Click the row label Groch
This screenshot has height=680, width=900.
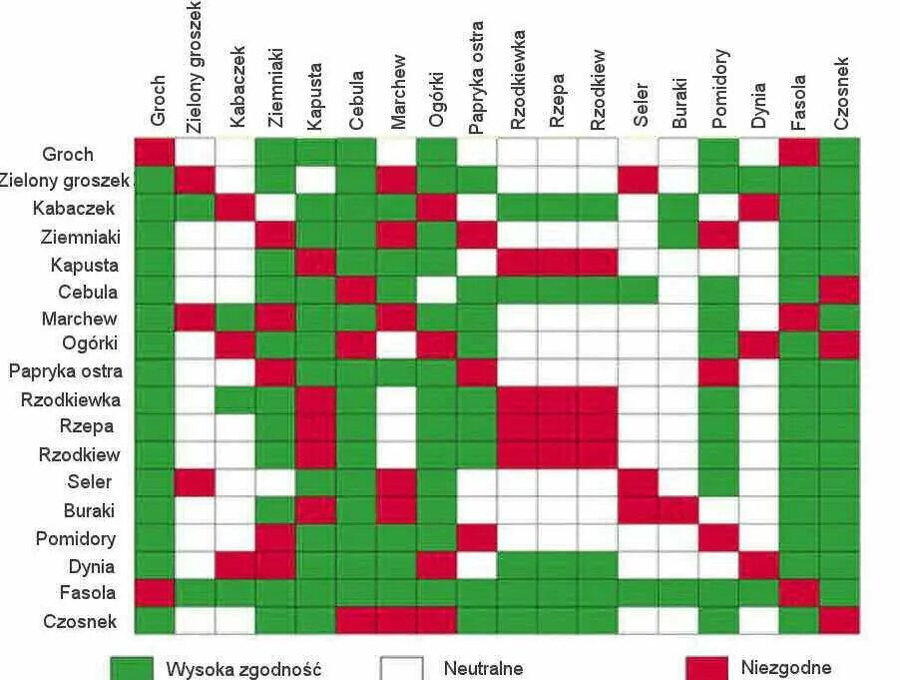coord(68,154)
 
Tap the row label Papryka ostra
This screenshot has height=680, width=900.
coord(66,371)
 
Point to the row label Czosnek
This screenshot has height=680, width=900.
coord(79,621)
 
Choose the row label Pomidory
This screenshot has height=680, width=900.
coord(77,539)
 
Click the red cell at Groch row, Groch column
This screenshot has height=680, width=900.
coord(155,152)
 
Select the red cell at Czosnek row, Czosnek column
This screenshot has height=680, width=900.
coord(839,620)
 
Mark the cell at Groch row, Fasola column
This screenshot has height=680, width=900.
coord(799,152)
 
